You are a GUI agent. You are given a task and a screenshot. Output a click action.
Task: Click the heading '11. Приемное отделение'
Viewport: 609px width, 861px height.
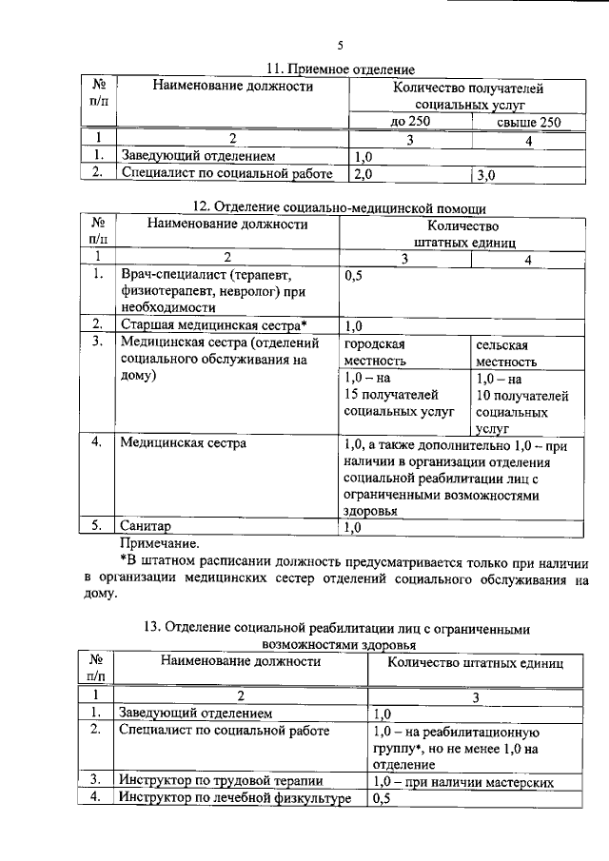[x=339, y=69]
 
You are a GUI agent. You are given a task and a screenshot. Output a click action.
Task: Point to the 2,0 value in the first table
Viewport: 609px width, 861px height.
[x=363, y=175]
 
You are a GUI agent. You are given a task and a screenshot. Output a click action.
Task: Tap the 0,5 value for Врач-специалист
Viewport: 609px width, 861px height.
[x=354, y=275]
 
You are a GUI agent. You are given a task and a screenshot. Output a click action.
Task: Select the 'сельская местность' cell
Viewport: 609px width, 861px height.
[x=507, y=352]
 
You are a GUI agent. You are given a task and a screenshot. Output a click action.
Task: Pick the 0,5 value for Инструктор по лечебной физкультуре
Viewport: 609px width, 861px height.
[x=383, y=798]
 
